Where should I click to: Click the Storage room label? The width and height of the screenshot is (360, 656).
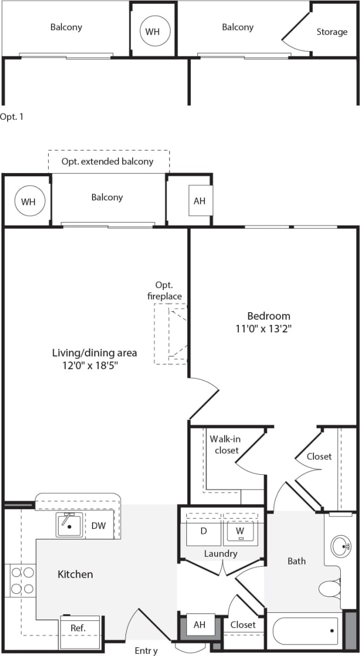332,32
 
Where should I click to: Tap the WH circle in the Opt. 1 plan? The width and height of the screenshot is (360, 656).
152,31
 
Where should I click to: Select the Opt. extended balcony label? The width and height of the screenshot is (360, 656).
107,162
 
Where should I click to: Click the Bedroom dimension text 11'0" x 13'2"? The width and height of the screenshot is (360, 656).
268,329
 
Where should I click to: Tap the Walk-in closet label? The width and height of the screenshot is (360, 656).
225,444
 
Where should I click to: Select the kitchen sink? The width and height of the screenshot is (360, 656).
70,526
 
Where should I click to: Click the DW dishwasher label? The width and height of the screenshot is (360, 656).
99,526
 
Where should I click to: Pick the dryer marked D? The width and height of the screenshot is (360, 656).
203,531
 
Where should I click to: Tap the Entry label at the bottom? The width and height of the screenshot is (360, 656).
146,651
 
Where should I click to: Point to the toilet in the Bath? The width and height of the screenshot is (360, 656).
330,589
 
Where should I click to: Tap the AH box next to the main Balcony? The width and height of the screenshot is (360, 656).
199,201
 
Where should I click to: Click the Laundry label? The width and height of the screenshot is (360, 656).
221,554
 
